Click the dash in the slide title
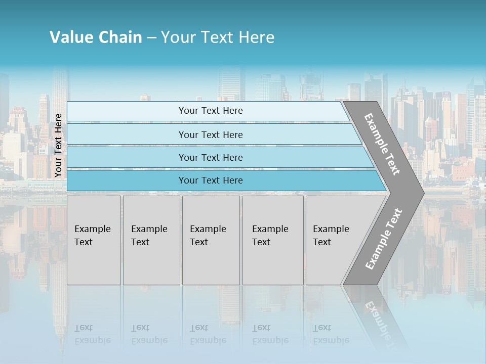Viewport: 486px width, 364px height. (151, 38)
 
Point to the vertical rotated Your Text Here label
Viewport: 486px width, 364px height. (58, 145)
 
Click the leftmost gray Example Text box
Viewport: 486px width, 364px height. (94, 240)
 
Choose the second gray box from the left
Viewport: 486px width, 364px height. (151, 240)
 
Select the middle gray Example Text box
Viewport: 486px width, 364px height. (211, 240)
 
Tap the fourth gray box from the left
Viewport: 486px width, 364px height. (273, 240)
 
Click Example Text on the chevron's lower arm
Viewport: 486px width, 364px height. (384, 239)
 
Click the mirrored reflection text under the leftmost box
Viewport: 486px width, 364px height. (92, 334)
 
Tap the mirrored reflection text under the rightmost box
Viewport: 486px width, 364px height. (331, 334)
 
